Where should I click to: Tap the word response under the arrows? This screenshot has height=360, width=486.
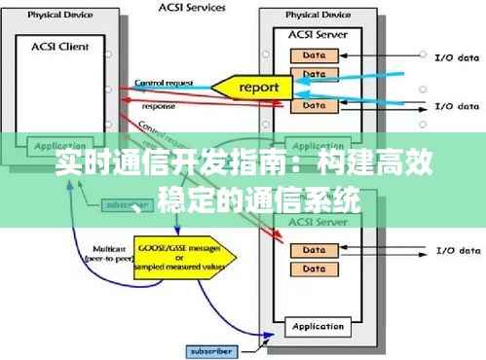(159, 105)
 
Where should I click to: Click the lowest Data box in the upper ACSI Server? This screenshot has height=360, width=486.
(314, 104)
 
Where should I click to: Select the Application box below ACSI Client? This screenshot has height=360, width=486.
(60, 147)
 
